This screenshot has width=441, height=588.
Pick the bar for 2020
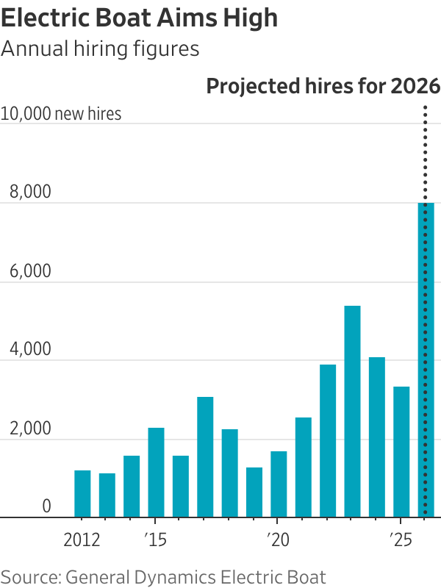(x=279, y=484)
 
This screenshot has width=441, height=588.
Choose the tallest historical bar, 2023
(x=352, y=412)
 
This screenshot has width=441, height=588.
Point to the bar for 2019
(x=254, y=492)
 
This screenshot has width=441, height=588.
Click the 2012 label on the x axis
(x=82, y=541)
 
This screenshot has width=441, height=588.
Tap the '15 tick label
(x=155, y=541)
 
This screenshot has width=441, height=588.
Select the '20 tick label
(x=278, y=541)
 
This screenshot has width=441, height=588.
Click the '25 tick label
(x=401, y=541)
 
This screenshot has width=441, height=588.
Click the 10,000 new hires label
(x=61, y=114)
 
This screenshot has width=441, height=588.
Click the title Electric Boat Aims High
(x=140, y=18)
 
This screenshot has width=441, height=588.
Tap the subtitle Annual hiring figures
(x=100, y=49)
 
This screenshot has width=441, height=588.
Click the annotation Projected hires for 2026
(x=323, y=86)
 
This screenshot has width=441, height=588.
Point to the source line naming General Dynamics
(x=163, y=576)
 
